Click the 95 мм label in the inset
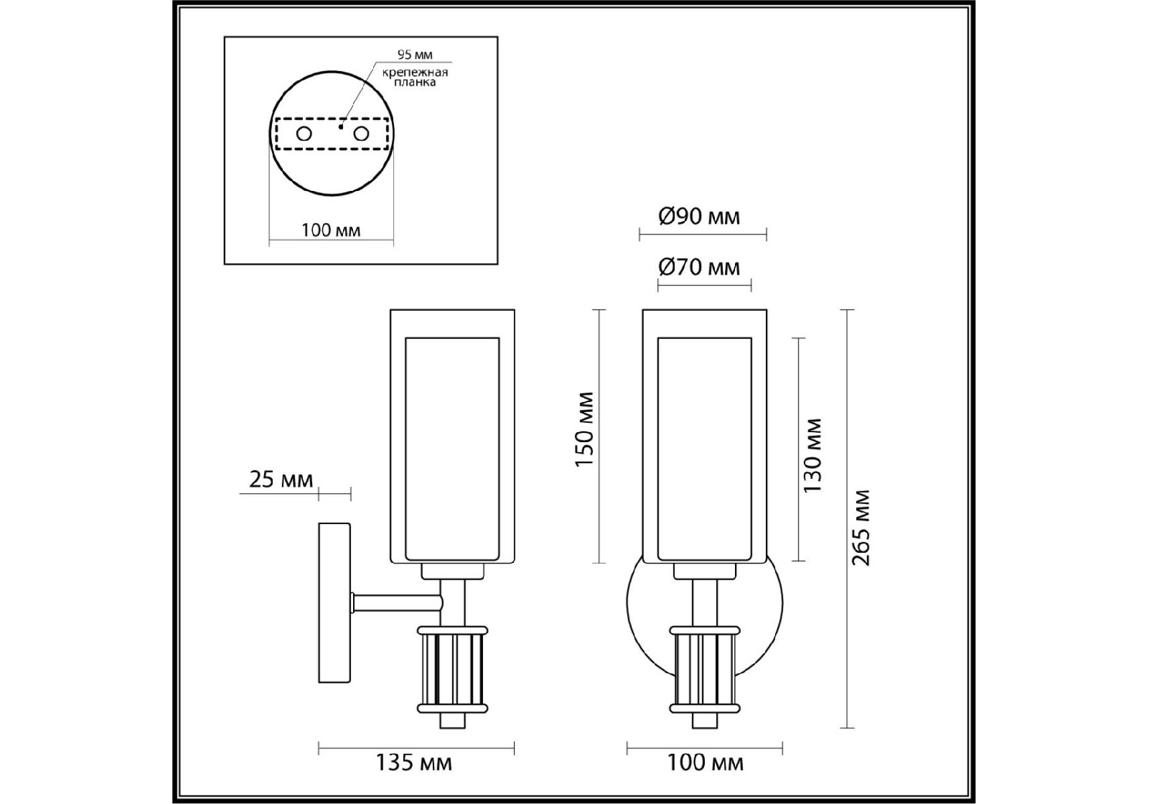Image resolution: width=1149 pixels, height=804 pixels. [415, 55]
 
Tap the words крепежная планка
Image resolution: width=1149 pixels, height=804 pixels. [415, 77]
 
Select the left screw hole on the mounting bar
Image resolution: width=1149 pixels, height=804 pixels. [304, 134]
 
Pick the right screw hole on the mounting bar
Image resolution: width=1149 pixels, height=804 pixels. [361, 134]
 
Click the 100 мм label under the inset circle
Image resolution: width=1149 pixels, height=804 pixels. [331, 230]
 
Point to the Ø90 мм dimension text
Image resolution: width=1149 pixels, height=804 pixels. [699, 216]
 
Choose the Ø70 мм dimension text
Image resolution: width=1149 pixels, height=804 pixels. [699, 267]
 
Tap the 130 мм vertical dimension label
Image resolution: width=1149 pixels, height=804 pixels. [812, 456]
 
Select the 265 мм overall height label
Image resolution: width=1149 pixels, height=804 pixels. [861, 528]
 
